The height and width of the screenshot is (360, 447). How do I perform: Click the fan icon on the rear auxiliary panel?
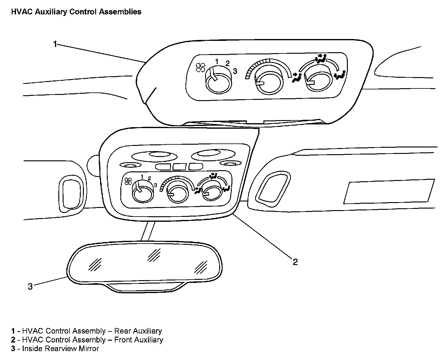pos(200,67)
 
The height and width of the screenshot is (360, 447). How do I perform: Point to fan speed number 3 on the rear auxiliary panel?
pos(235,71)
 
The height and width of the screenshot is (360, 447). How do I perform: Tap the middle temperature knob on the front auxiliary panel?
pos(177,194)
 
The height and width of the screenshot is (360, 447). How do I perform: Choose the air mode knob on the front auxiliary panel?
pos(211,193)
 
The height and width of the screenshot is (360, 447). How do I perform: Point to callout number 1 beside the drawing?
pos(55,44)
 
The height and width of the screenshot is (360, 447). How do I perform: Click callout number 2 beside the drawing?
pos(295,262)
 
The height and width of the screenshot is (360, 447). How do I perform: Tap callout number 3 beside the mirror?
pos(30,287)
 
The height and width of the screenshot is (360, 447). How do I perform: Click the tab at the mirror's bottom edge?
pos(145,288)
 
